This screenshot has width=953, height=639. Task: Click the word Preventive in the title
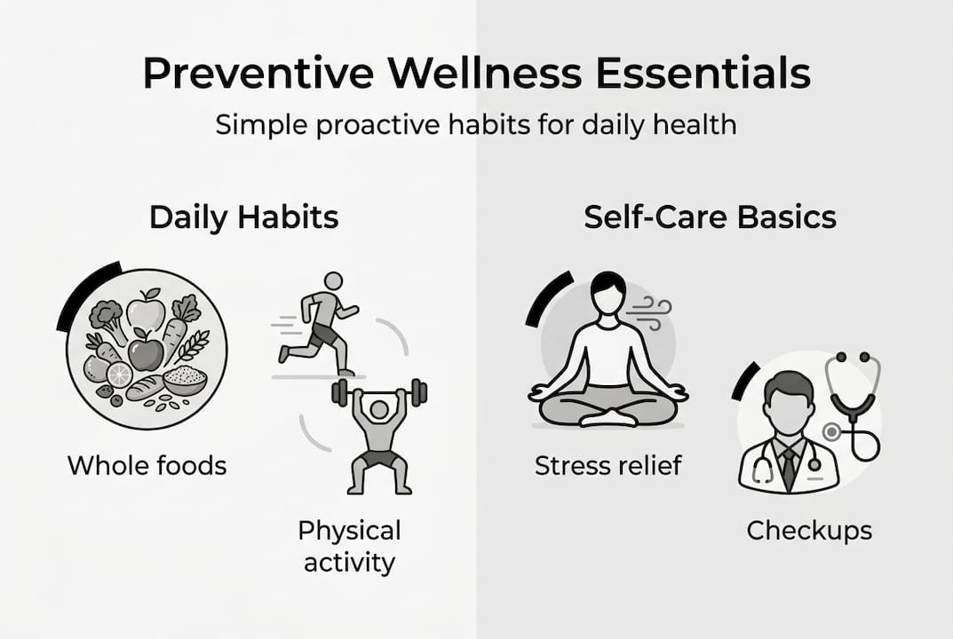point(258,74)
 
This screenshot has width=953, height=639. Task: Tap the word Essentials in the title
point(703,74)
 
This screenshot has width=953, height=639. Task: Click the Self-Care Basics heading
point(710,217)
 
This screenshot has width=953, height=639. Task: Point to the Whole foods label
point(147,466)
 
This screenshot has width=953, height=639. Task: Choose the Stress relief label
point(608,466)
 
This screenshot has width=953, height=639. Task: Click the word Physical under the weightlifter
point(349,532)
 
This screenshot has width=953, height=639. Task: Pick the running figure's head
point(333,281)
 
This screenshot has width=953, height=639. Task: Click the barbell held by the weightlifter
point(379,391)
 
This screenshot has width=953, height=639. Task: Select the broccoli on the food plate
point(107,317)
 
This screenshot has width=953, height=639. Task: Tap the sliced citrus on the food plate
point(120,375)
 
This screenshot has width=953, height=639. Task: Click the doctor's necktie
point(789,467)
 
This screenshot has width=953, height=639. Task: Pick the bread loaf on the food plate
point(145,388)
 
